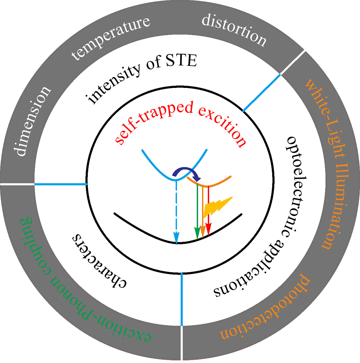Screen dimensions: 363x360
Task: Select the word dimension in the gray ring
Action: [x=32, y=121]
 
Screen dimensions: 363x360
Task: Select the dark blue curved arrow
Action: [x=185, y=174]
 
